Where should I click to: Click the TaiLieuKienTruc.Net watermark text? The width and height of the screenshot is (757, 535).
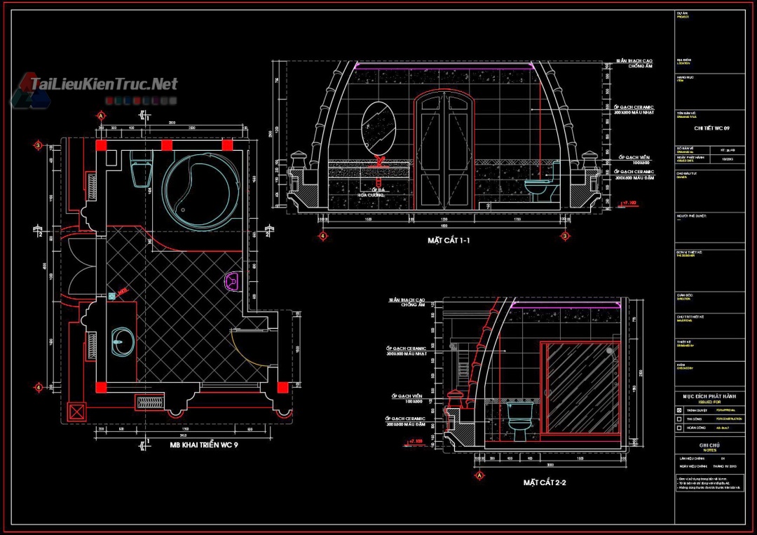[x=104, y=85]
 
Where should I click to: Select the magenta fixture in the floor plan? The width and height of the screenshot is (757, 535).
[x=232, y=282]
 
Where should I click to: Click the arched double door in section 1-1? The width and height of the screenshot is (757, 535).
[x=442, y=151]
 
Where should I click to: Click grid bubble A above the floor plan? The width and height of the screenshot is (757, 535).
[x=102, y=115]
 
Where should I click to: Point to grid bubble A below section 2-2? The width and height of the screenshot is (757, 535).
[x=479, y=475]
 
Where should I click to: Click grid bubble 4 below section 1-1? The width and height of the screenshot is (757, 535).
[x=323, y=236]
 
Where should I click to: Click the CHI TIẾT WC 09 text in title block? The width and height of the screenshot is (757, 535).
[x=711, y=128]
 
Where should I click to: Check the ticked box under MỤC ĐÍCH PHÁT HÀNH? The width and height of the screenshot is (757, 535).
[x=678, y=409]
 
